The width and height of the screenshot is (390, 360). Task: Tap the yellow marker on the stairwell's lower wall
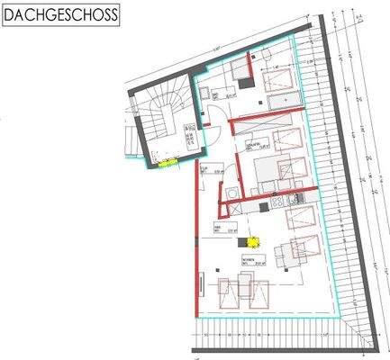(x=167, y=164)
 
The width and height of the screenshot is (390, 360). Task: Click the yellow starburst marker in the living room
(x=254, y=241)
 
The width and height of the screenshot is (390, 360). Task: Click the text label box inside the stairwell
(x=191, y=135)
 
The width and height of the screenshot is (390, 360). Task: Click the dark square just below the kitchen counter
(x=264, y=207)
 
